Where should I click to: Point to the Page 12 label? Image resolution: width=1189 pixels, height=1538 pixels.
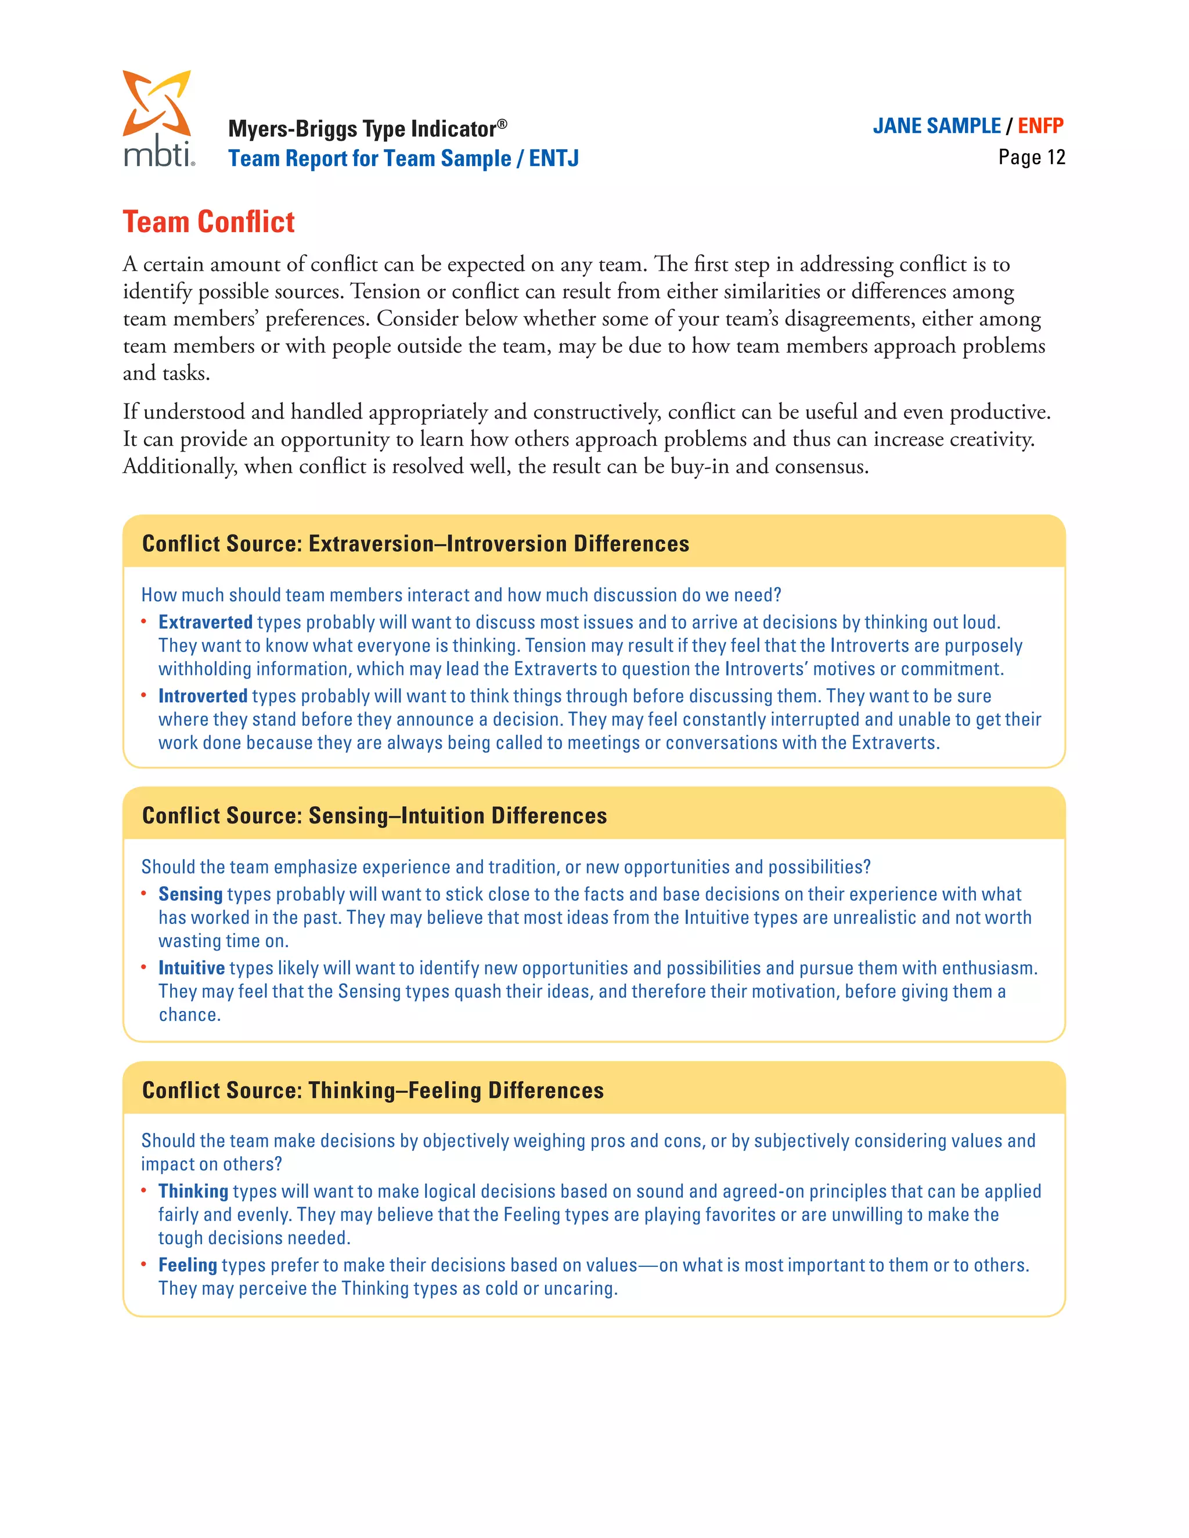pyautogui.click(x=1031, y=157)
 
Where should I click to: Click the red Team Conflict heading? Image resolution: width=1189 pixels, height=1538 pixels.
pyautogui.click(x=208, y=222)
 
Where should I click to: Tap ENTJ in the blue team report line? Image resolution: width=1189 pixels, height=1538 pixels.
pyautogui.click(x=554, y=158)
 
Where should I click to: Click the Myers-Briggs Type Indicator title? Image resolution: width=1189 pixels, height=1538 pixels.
pyautogui.click(x=366, y=129)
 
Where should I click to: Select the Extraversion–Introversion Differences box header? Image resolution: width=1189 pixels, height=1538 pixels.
pyautogui.click(x=416, y=544)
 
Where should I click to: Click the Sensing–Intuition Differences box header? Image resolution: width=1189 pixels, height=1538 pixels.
pyautogui.click(x=374, y=815)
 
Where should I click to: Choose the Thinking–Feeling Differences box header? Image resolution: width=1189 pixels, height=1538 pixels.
pyautogui.click(x=373, y=1090)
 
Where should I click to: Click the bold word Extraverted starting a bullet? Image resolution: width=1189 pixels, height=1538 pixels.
pyautogui.click(x=205, y=623)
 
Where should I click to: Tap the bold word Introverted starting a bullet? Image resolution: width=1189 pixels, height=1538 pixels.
pyautogui.click(x=202, y=696)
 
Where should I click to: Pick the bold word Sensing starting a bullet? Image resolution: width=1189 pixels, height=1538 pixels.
pyautogui.click(x=190, y=894)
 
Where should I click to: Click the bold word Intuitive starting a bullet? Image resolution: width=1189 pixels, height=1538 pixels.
pyautogui.click(x=191, y=968)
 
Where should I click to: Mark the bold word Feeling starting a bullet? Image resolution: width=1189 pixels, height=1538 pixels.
pyautogui.click(x=188, y=1265)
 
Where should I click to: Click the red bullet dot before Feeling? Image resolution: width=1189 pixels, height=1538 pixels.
pyautogui.click(x=144, y=1264)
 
